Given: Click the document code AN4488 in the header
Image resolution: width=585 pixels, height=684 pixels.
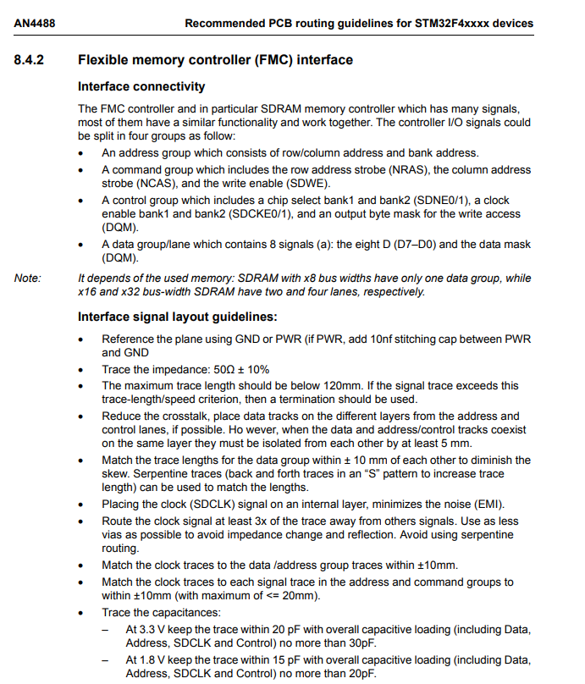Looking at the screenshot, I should click(x=31, y=23).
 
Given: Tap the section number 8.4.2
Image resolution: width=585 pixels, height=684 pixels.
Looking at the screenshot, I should click(x=30, y=60).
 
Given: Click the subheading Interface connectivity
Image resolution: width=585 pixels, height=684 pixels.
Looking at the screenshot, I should click(x=141, y=86).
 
